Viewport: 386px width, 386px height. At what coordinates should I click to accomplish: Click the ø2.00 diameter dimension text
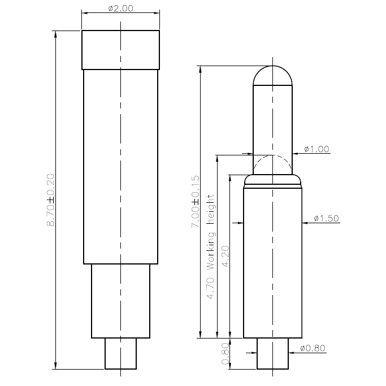[121, 8]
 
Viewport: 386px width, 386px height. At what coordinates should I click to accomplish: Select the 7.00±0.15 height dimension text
[196, 202]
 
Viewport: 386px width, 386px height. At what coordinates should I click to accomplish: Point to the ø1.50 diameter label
[326, 219]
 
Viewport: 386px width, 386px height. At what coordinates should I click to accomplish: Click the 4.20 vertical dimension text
[225, 256]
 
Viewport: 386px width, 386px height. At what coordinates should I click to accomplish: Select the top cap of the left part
[120, 50]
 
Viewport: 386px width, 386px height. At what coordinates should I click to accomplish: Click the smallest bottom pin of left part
[120, 353]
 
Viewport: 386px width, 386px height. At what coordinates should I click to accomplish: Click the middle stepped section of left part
[120, 301]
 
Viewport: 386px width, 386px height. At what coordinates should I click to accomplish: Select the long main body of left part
[120, 166]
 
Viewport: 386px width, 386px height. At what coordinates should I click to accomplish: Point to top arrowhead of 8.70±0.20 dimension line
[55, 34]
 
